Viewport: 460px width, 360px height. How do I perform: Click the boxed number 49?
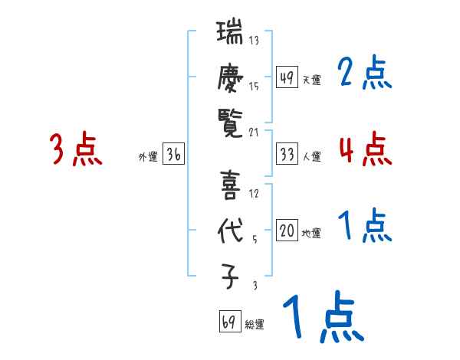point(287,77)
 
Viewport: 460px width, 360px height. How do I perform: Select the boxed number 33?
point(287,155)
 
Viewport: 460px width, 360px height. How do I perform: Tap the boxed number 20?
point(287,231)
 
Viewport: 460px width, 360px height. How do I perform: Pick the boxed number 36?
point(173,155)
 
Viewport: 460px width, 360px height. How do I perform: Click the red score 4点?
point(365,149)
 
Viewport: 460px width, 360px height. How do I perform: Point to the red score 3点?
point(76,149)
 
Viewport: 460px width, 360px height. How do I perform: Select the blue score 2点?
point(365,74)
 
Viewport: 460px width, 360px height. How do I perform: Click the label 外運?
point(147,157)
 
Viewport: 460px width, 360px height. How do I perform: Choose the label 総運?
point(254,325)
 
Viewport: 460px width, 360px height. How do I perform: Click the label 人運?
point(311,157)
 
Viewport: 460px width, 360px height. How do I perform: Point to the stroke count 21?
point(255,133)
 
